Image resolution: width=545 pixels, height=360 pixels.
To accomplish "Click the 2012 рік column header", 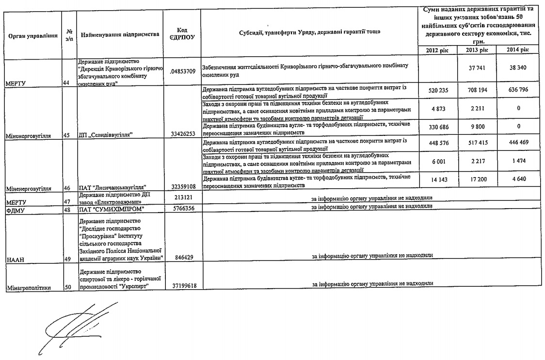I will (x=437, y=50).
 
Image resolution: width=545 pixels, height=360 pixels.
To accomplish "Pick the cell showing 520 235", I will (x=437, y=90).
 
